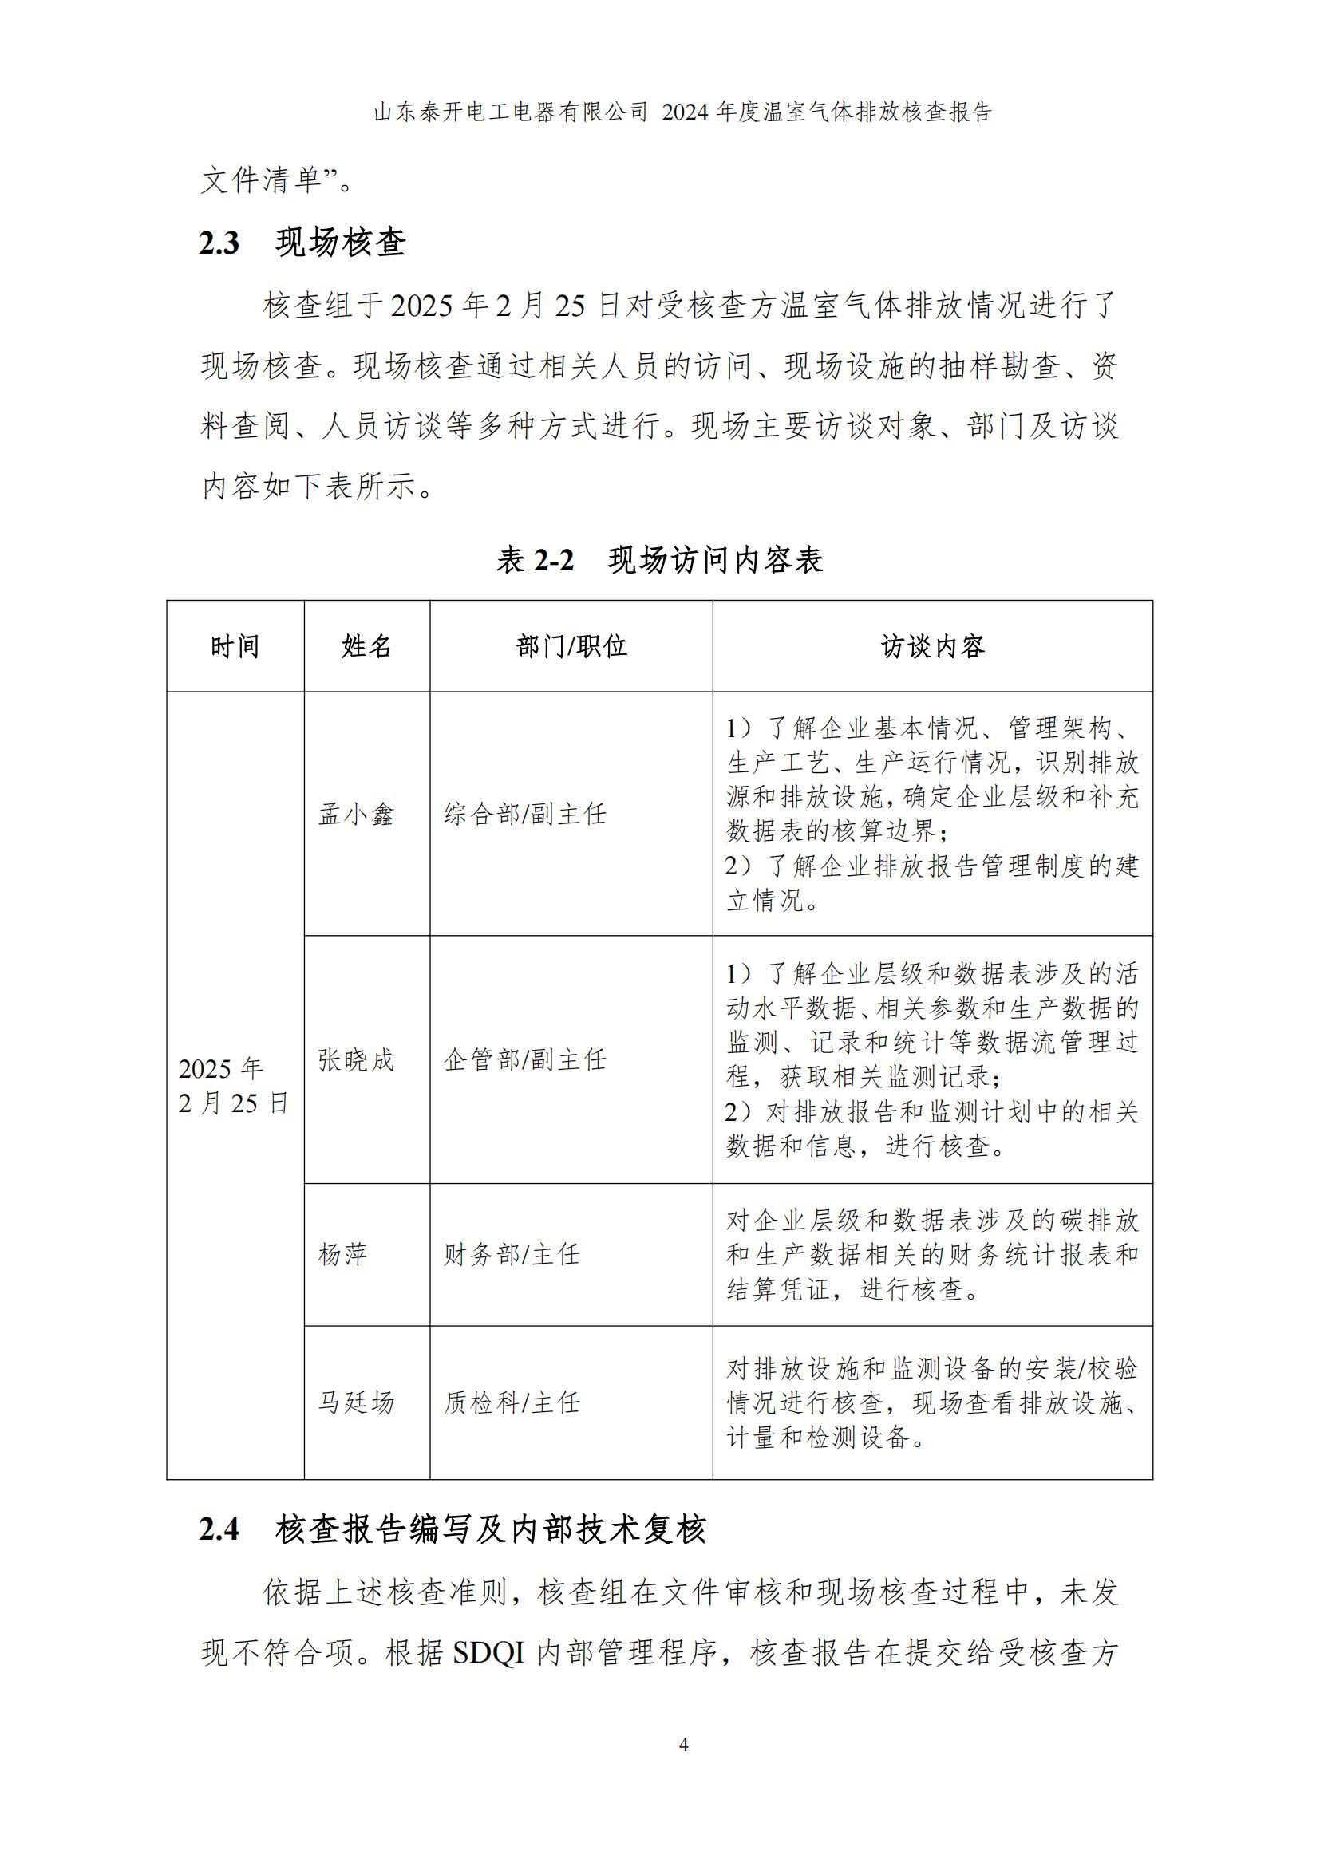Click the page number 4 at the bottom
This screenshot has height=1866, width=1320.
click(x=683, y=1745)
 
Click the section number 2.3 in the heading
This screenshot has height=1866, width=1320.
click(x=219, y=243)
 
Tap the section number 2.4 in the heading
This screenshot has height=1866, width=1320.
click(x=219, y=1529)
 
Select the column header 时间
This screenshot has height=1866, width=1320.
click(x=235, y=647)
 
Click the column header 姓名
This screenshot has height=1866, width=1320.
click(x=366, y=647)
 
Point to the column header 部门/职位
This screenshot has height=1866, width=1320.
click(x=571, y=647)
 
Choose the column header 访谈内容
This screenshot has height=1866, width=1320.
click(x=932, y=647)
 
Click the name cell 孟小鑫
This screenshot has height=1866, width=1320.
click(x=356, y=815)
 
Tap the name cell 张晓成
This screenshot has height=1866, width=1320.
click(x=356, y=1059)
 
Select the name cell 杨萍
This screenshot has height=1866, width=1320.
click(x=343, y=1255)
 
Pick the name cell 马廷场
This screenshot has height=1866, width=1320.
click(x=356, y=1402)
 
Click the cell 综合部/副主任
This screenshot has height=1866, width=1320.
click(x=525, y=815)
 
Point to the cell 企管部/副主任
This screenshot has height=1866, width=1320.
click(x=525, y=1059)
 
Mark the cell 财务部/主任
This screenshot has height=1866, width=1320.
click(x=512, y=1255)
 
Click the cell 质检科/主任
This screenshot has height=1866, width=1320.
click(x=512, y=1402)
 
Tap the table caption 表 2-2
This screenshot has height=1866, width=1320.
click(x=536, y=560)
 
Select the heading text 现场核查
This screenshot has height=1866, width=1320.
click(x=341, y=243)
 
